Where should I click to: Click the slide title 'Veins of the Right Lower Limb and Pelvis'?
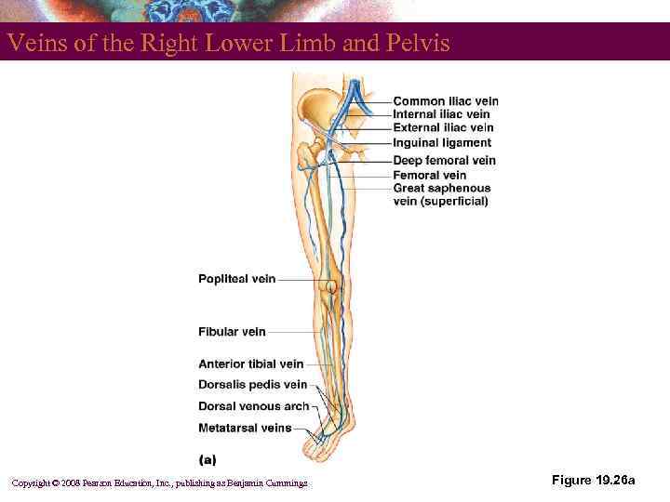[x=229, y=44]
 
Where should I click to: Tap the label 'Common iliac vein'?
[x=445, y=101]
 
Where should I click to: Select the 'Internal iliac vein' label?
[x=441, y=114]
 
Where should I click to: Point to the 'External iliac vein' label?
[x=443, y=127]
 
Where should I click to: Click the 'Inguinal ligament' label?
[x=442, y=143]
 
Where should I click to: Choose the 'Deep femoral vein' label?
[x=444, y=160]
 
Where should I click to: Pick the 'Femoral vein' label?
[x=429, y=175]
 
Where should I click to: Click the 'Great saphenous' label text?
[x=441, y=188]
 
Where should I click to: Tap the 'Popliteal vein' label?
[x=236, y=279]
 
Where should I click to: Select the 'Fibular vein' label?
[x=232, y=332]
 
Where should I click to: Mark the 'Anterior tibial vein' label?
[x=250, y=364]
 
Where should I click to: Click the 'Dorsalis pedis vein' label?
[x=252, y=385]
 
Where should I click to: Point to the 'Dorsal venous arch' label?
[x=253, y=406]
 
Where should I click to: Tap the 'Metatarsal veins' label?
[x=245, y=429]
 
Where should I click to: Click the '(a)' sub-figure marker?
[x=208, y=458]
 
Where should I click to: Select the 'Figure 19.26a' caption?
[x=593, y=481]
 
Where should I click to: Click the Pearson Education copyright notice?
[x=158, y=482]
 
